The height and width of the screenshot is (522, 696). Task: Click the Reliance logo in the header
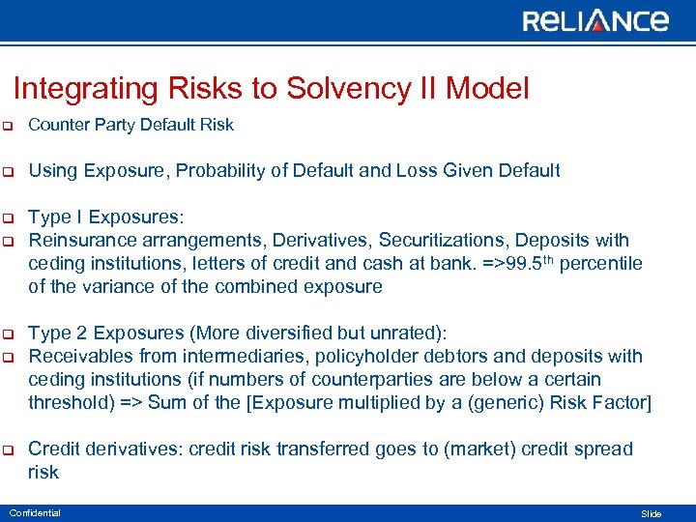coord(595,21)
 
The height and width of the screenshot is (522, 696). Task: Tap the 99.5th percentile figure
coord(530,263)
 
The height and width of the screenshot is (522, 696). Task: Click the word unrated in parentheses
coord(405,333)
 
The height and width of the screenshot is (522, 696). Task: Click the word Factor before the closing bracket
coord(622,402)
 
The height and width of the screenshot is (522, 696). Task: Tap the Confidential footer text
coord(34,512)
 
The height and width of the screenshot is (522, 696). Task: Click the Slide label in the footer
coord(652,513)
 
